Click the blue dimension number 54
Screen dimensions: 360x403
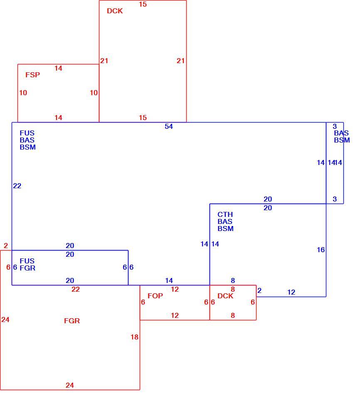click(169, 126)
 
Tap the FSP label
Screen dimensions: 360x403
click(33, 75)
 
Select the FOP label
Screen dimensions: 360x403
click(155, 296)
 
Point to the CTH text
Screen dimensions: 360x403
click(225, 214)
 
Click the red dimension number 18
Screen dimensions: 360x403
click(135, 337)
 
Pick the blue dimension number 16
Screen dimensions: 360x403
click(321, 250)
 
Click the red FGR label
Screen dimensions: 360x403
click(72, 321)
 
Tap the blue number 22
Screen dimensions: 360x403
click(17, 186)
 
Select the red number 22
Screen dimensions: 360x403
click(76, 290)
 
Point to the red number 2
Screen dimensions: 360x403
click(6, 246)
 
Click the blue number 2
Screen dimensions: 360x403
click(259, 290)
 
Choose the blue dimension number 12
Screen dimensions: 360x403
click(291, 292)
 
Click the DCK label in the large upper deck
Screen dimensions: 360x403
click(115, 11)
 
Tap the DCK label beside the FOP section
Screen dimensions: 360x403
click(225, 296)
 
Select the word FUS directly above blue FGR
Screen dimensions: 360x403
click(27, 261)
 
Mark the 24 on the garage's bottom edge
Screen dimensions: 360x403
click(70, 385)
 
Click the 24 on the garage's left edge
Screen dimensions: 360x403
click(5, 320)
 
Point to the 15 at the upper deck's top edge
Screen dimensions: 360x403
click(143, 5)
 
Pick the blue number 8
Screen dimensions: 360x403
click(233, 281)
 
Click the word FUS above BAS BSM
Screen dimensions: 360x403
click(27, 133)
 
